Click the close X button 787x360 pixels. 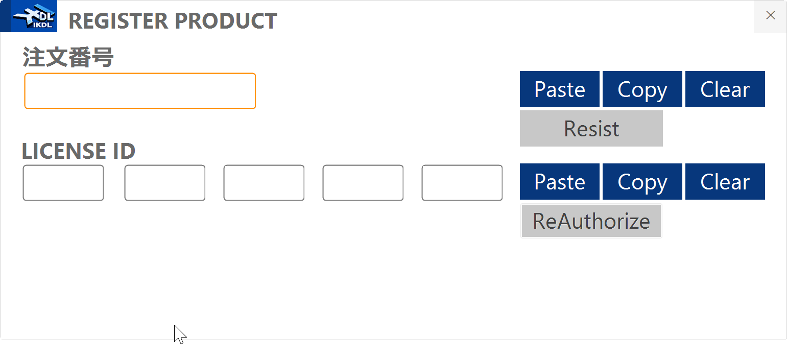click(x=770, y=16)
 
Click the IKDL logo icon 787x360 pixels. click(x=34, y=17)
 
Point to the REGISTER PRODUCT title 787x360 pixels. click(x=173, y=21)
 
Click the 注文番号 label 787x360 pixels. click(x=68, y=57)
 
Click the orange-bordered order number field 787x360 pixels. click(x=140, y=91)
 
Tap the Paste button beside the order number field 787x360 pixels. click(x=560, y=89)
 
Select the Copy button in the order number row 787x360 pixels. click(x=642, y=89)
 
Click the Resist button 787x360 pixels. click(x=591, y=129)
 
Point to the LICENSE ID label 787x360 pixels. click(x=79, y=151)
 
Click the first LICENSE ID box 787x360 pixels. click(x=63, y=183)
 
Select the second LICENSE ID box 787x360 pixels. click(x=165, y=183)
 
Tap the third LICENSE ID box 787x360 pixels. click(x=264, y=183)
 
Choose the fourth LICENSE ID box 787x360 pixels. click(x=363, y=183)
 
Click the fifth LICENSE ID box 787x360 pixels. click(x=462, y=183)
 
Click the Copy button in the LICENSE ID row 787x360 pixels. click(x=642, y=182)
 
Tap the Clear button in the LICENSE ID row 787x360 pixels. click(x=725, y=182)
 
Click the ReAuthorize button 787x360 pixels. click(x=591, y=221)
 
